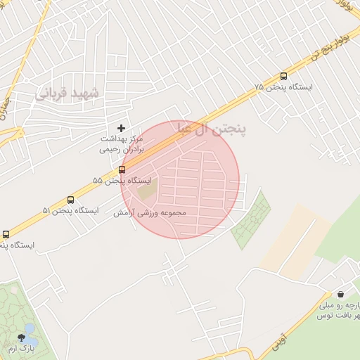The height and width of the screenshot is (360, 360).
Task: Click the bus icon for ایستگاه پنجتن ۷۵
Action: coord(284,76)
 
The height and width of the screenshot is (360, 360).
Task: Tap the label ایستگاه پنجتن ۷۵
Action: coord(284,88)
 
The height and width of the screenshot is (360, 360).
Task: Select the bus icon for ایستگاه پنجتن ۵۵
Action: coord(122,169)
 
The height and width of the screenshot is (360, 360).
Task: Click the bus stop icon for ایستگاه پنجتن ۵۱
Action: coord(70,200)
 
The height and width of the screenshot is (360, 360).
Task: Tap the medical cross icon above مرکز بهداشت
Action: coord(121,128)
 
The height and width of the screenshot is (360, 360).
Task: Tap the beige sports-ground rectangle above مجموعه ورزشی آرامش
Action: coord(148,190)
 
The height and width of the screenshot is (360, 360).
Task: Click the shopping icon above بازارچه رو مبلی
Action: coord(340,294)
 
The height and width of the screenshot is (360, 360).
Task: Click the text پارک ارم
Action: coord(21,349)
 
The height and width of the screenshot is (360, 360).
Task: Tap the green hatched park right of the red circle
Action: coord(251,219)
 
